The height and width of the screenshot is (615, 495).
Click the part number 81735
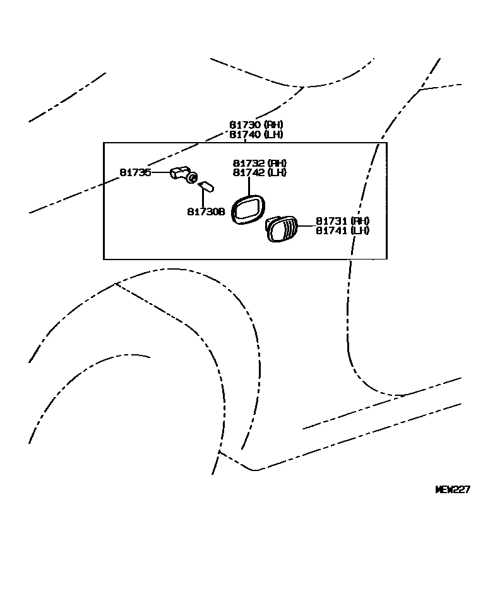pyautogui.click(x=136, y=172)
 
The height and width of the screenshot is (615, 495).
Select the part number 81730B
pyautogui.click(x=206, y=212)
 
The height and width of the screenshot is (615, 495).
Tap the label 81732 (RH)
pyautogui.click(x=259, y=163)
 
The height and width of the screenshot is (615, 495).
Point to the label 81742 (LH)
pyautogui.click(x=259, y=172)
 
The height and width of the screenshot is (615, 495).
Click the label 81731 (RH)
pyautogui.click(x=343, y=221)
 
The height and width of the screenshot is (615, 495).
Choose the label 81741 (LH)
pyautogui.click(x=343, y=230)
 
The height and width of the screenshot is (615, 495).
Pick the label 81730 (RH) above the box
pyautogui.click(x=256, y=125)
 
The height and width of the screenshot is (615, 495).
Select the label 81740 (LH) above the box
pyautogui.click(x=256, y=134)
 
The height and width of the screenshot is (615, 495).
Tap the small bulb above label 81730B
pyautogui.click(x=206, y=188)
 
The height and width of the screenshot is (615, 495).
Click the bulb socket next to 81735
pyautogui.click(x=184, y=174)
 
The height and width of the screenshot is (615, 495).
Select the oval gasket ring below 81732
pyautogui.click(x=247, y=209)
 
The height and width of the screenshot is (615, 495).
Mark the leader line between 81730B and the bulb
pyautogui.click(x=203, y=199)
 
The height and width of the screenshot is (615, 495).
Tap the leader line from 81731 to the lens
pyautogui.click(x=307, y=225)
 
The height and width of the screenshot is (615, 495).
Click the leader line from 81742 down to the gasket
pyautogui.click(x=249, y=186)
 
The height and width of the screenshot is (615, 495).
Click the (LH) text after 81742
pyautogui.click(x=277, y=172)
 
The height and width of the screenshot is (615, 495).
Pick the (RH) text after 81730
pyautogui.click(x=273, y=125)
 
